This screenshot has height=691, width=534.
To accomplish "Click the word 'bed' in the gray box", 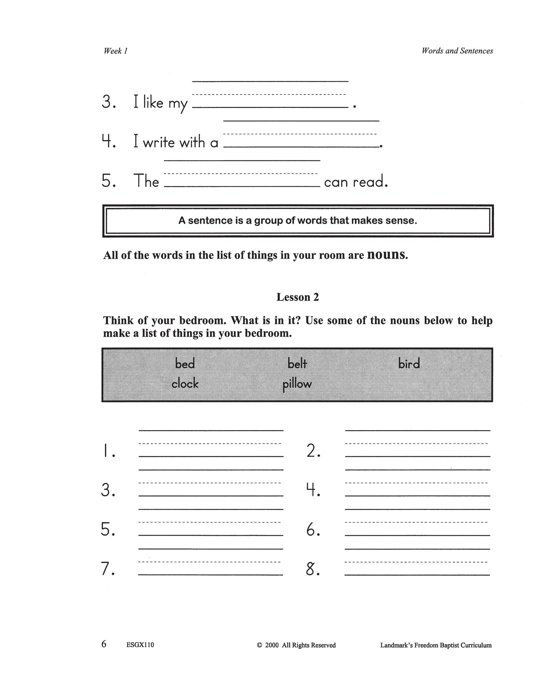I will point(185,364).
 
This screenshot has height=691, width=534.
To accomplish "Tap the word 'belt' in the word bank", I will point(297,364).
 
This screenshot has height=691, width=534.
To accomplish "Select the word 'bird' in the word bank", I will point(409,364).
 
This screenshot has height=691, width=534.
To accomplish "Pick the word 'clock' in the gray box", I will point(185,384).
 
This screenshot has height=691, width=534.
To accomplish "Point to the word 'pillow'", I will point(297,384).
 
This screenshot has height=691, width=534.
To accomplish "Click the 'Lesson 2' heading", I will point(297,297).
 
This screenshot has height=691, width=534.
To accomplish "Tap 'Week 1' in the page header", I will point(115,51).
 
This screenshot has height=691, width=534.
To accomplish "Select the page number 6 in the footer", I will point(104,644).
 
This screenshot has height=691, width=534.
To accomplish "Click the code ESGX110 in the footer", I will point(140,645).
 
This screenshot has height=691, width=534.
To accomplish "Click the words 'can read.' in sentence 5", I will point(356,182).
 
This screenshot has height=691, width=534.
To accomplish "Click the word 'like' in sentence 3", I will point(153,102).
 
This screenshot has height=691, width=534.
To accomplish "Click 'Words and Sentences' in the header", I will point(457,51).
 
